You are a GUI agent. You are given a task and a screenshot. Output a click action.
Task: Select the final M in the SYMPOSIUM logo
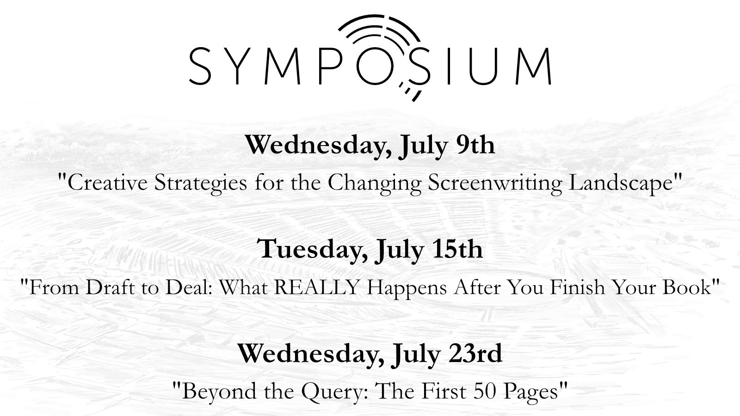(532, 66)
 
